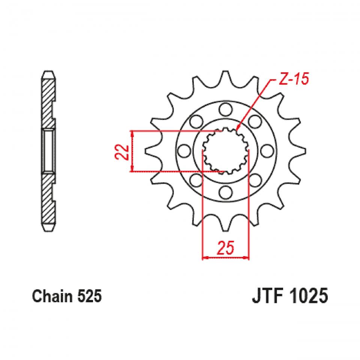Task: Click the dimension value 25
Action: [225, 248]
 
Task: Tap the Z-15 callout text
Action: [293, 79]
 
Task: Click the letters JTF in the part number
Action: [256, 296]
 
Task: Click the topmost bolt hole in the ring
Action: [225, 109]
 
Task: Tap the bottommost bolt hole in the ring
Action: [225, 193]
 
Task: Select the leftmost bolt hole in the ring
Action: [183, 151]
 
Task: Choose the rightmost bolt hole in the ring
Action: [267, 151]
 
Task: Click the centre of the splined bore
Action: [225, 151]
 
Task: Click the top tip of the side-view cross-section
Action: [48, 71]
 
